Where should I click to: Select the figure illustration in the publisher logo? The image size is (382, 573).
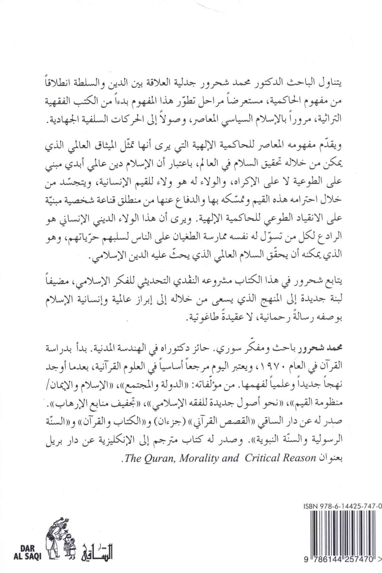61,522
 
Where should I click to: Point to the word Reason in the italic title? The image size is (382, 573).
298,458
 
